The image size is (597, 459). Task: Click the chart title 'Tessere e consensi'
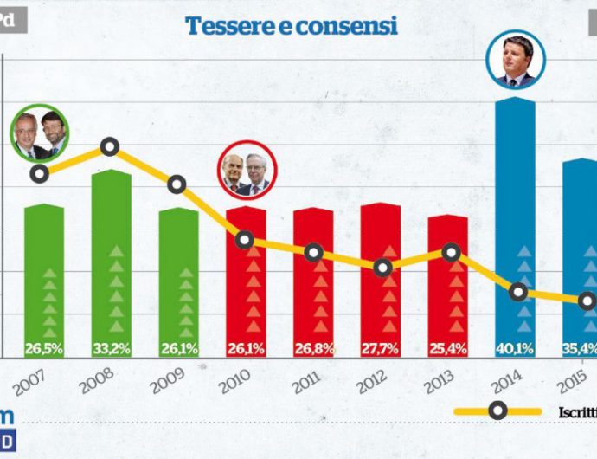click(292, 26)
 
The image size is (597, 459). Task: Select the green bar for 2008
click(112, 260)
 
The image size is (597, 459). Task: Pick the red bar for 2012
click(380, 277)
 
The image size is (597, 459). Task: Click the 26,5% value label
click(44, 349)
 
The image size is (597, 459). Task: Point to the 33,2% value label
click(112, 349)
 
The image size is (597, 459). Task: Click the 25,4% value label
click(447, 349)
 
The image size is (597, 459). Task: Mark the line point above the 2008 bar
click(110, 146)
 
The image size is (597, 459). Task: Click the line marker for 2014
click(518, 292)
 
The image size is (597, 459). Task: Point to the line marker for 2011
click(313, 253)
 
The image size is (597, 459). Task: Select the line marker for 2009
click(177, 184)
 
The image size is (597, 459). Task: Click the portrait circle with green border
click(39, 137)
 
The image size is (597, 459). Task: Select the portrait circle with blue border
click(517, 59)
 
